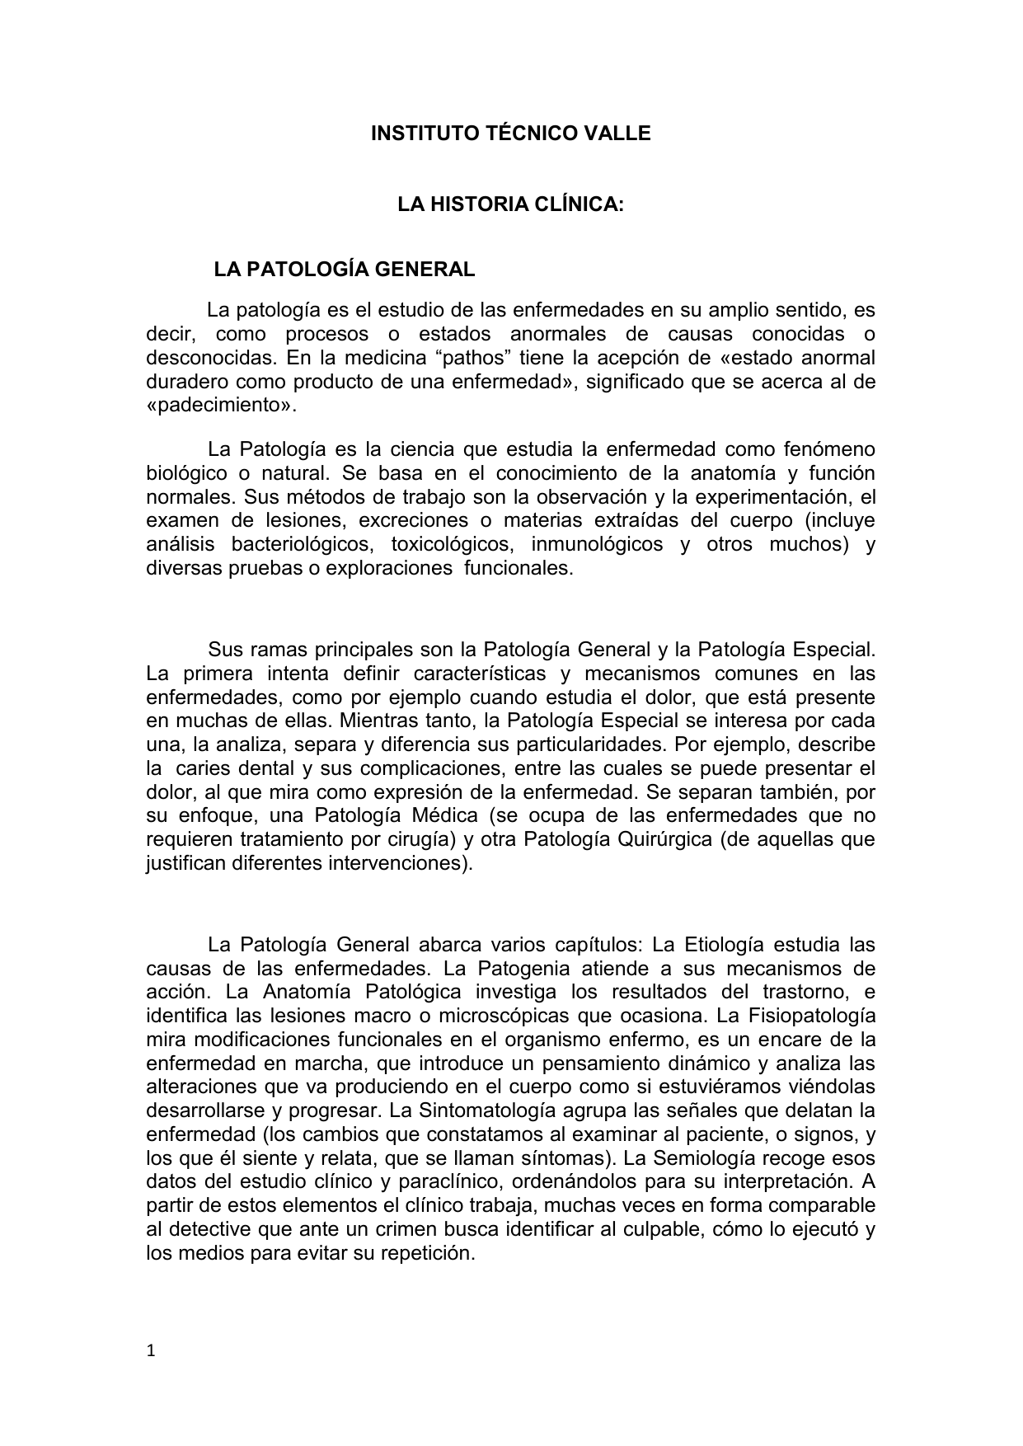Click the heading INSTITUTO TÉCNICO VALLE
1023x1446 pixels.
click(x=510, y=134)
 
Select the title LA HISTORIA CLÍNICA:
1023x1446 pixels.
click(x=510, y=204)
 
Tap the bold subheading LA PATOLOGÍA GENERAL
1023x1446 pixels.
click(x=345, y=270)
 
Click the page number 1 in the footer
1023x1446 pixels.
click(x=150, y=1350)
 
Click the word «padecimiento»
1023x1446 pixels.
click(x=219, y=406)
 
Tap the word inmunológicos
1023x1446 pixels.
click(x=597, y=545)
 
